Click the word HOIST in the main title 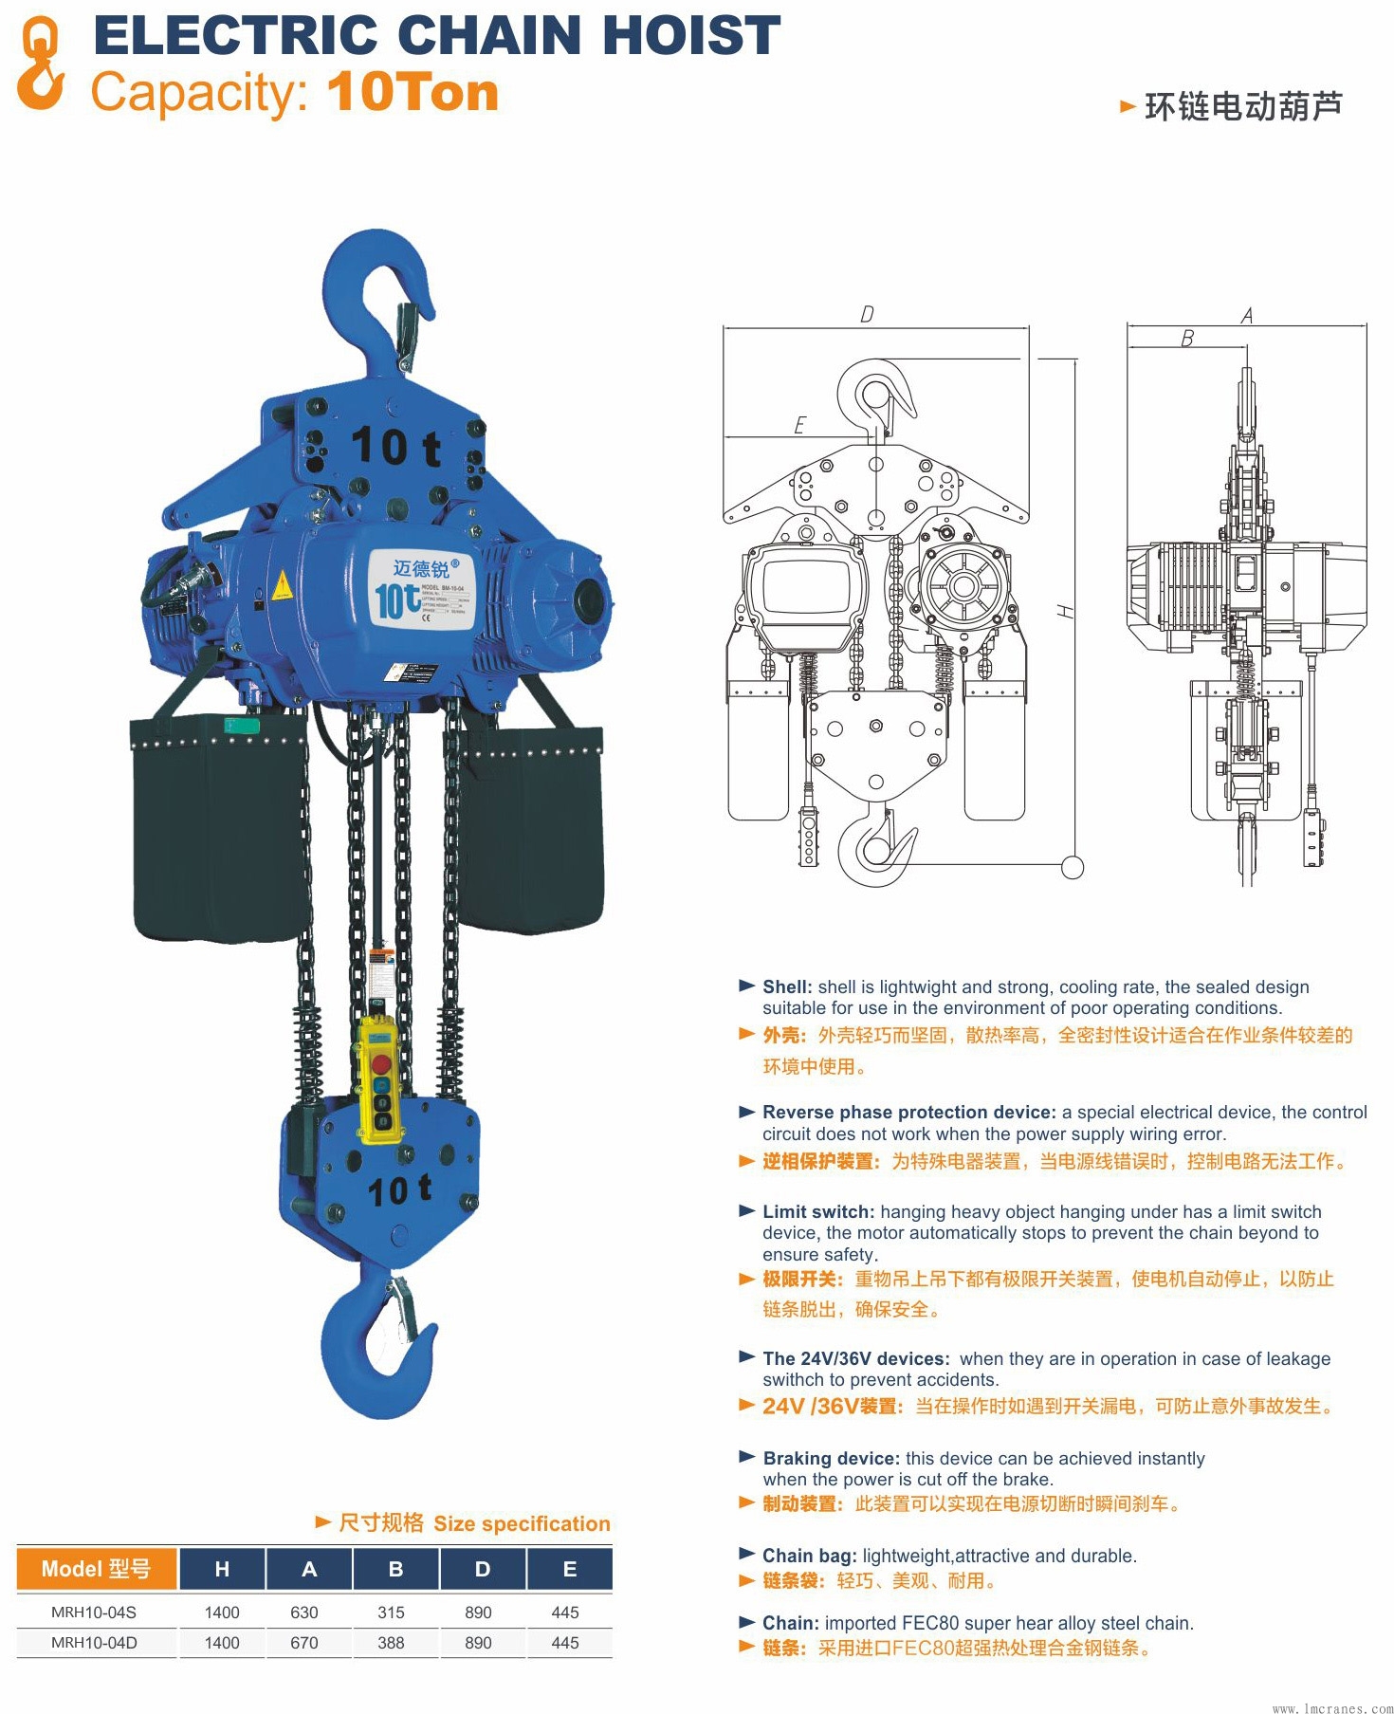pyautogui.click(x=691, y=36)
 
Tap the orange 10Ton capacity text pyautogui.click(x=413, y=93)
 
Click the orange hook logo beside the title pyautogui.click(x=41, y=65)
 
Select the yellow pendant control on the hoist pyautogui.click(x=380, y=1078)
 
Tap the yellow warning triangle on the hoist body pyautogui.click(x=281, y=587)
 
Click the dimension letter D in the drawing pyautogui.click(x=867, y=315)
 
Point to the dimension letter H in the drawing pyautogui.click(x=1067, y=612)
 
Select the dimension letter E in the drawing pyautogui.click(x=799, y=426)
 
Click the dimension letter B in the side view pyautogui.click(x=1187, y=339)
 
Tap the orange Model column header pyautogui.click(x=96, y=1569)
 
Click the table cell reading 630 pyautogui.click(x=304, y=1613)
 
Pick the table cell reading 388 pyautogui.click(x=391, y=1643)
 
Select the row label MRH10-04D pyautogui.click(x=94, y=1643)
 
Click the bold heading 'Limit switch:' pyautogui.click(x=818, y=1211)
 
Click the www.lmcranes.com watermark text pyautogui.click(x=1332, y=1707)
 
